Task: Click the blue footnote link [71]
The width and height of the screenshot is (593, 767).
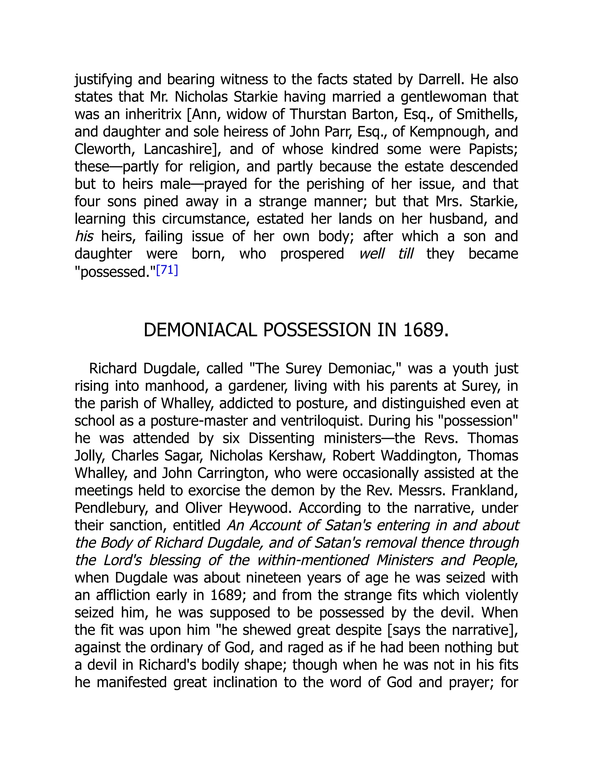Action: coord(167,270)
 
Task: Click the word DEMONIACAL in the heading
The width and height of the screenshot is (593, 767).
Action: coord(200,331)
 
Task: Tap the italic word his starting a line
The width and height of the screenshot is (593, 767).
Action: coord(84,237)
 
